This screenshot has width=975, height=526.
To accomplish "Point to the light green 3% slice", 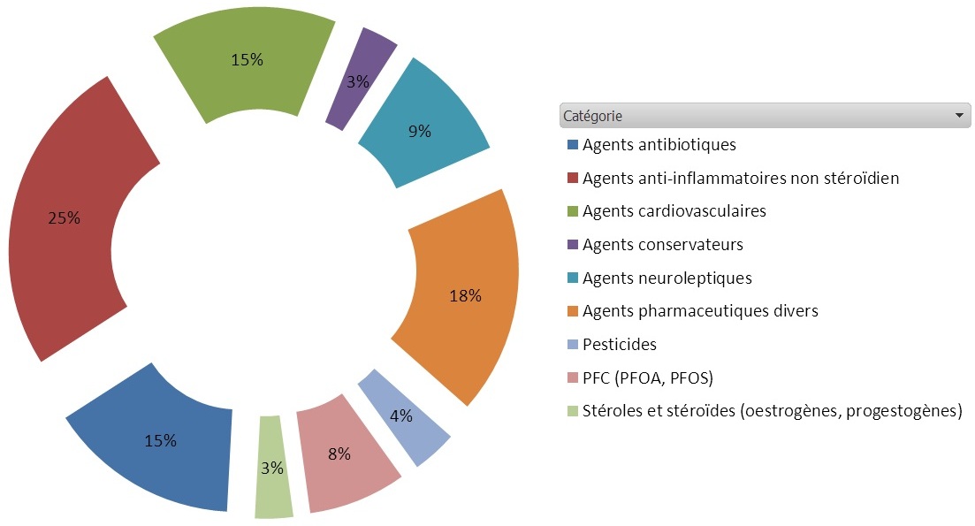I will coord(271,469).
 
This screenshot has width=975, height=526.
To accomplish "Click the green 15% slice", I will coord(248,62).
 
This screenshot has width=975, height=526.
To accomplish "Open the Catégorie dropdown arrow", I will coord(958,116).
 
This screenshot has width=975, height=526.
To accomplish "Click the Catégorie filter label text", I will coord(592,116).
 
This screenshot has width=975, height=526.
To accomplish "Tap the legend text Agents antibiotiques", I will coord(659,144).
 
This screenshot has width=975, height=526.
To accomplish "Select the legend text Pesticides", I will coord(620,345).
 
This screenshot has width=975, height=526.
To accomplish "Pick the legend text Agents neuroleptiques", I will coord(667,278).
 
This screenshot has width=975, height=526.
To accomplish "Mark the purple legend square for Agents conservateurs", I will coord(573,245).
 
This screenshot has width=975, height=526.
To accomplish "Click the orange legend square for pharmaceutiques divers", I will coord(573,311).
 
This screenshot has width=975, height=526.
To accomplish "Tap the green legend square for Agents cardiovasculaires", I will coord(573,211).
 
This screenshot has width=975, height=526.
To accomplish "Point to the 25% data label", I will coord(65,218).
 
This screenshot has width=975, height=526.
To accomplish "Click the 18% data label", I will coord(465,296).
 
